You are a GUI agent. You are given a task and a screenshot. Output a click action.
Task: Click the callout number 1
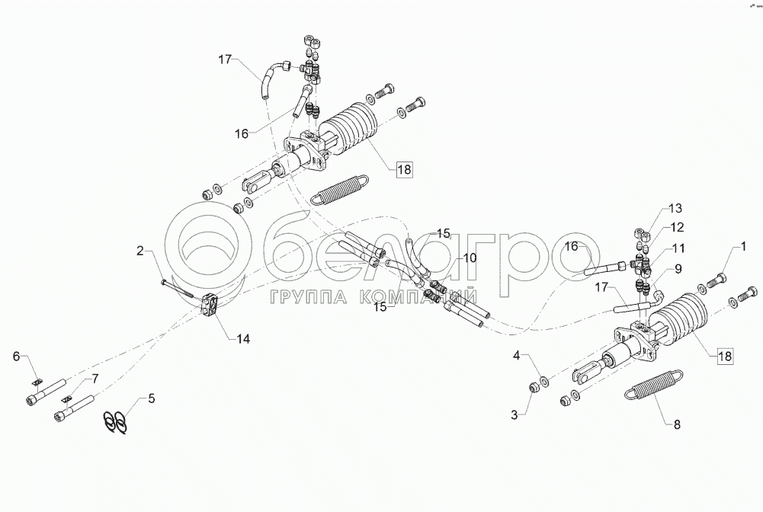pos(739,246)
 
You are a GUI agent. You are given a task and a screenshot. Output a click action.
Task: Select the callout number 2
pos(139,250)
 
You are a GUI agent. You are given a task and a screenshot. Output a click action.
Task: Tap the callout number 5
pos(152,397)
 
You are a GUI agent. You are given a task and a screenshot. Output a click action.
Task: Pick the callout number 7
pos(95,378)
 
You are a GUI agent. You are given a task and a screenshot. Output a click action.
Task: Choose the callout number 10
pos(470,258)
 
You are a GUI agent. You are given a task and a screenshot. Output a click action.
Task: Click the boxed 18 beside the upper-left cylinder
pos(403,171)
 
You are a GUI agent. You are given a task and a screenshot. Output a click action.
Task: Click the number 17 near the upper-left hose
pos(223,59)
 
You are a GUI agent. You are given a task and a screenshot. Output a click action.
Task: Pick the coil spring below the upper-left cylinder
pos(340,190)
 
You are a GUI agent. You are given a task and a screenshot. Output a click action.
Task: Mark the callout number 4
pos(517,357)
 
